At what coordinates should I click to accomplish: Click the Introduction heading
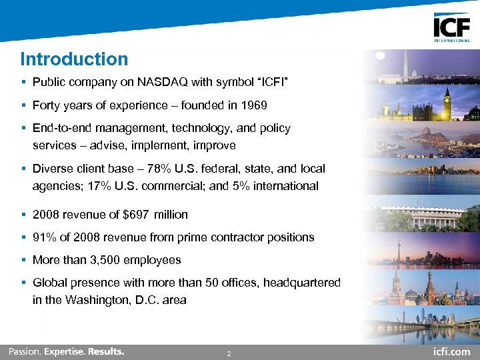pyautogui.click(x=74, y=59)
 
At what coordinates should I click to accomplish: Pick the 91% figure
pyautogui.click(x=44, y=237)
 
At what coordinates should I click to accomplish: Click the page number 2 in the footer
pyautogui.click(x=229, y=353)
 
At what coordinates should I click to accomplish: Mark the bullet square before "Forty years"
pyautogui.click(x=23, y=105)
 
